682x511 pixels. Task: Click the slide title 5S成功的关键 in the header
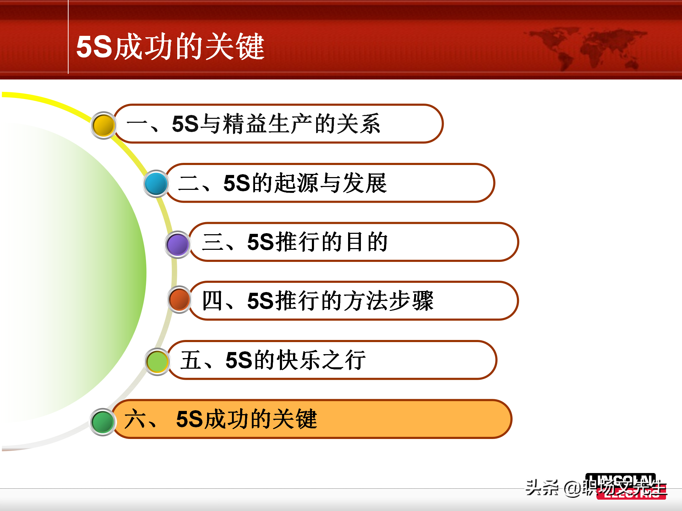tap(170, 46)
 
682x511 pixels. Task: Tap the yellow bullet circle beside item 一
tap(103, 125)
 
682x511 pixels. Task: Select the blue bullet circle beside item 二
tap(156, 184)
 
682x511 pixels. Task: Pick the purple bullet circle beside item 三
tap(178, 244)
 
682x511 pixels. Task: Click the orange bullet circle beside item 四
tap(179, 300)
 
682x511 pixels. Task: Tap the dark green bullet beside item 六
tap(103, 422)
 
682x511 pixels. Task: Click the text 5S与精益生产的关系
tap(276, 124)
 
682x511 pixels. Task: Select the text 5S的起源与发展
tap(305, 183)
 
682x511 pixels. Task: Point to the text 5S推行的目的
tap(317, 242)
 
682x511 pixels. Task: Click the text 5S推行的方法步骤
tap(340, 301)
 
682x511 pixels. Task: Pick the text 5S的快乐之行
tap(296, 360)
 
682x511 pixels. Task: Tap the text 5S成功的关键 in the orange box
tap(246, 419)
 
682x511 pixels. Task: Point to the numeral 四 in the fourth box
tap(212, 301)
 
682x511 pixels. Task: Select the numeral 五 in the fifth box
tap(191, 360)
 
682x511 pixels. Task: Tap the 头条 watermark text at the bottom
tap(542, 488)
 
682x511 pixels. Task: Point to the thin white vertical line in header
tap(68, 37)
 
